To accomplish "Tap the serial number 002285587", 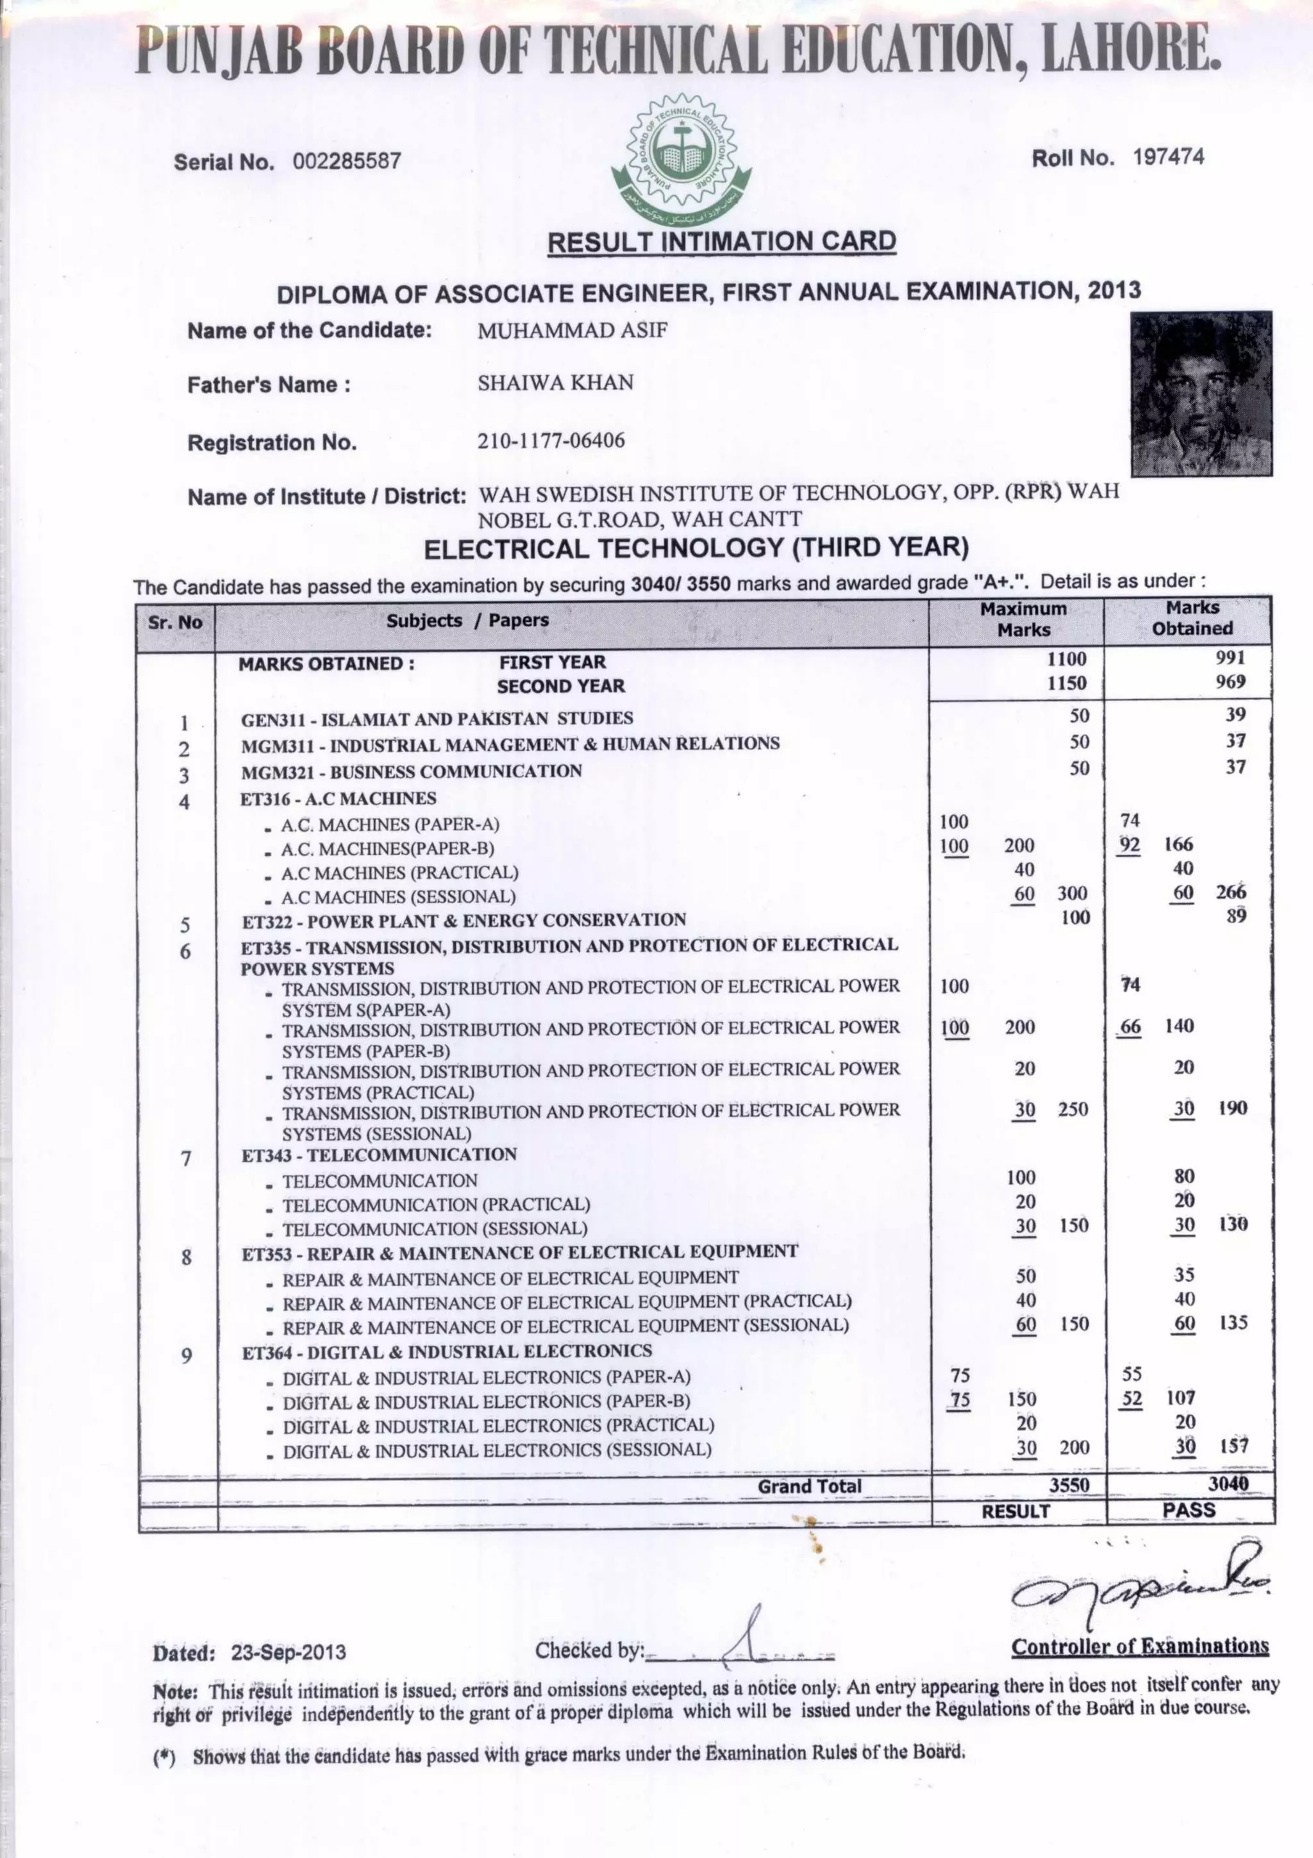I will point(346,161).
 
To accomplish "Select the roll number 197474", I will point(1168,157).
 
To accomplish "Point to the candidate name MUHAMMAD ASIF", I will point(572,330).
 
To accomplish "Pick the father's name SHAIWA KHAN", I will point(555,383).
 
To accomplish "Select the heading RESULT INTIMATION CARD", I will point(722,241).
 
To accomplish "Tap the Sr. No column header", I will point(176,623).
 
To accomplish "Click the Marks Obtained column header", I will point(1192,617).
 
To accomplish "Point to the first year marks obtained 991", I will point(1230,657).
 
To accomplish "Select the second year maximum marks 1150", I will point(1066,683).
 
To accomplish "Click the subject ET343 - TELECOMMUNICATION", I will point(379,1155).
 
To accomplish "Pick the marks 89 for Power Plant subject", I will point(1235,916).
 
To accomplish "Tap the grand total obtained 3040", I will point(1228,1482).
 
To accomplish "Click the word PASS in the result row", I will point(1189,1509).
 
